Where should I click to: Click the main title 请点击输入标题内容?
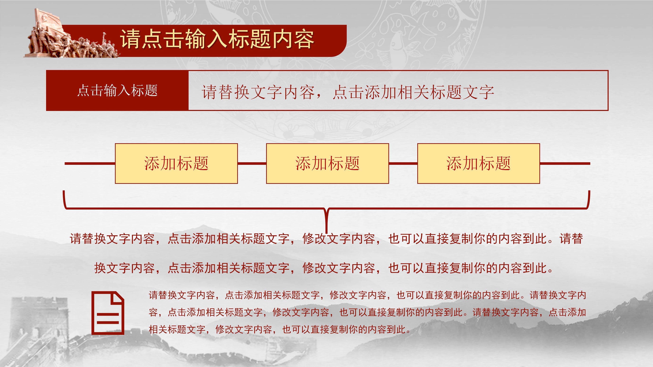[217, 39]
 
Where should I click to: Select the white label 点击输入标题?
[117, 90]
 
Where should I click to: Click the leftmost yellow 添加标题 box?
[176, 163]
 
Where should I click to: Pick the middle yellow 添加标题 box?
[327, 163]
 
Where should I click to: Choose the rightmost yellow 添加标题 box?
[478, 163]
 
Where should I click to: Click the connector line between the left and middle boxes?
[252, 163]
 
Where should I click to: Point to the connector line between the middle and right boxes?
[403, 163]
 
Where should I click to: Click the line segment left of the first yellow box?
[90, 163]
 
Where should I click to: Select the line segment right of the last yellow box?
[565, 163]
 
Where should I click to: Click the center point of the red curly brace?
[326, 213]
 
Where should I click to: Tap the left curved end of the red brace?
[65, 200]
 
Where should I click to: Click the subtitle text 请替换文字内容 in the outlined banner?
[347, 92]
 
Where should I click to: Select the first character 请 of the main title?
[130, 39]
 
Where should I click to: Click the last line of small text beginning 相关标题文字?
[279, 329]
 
